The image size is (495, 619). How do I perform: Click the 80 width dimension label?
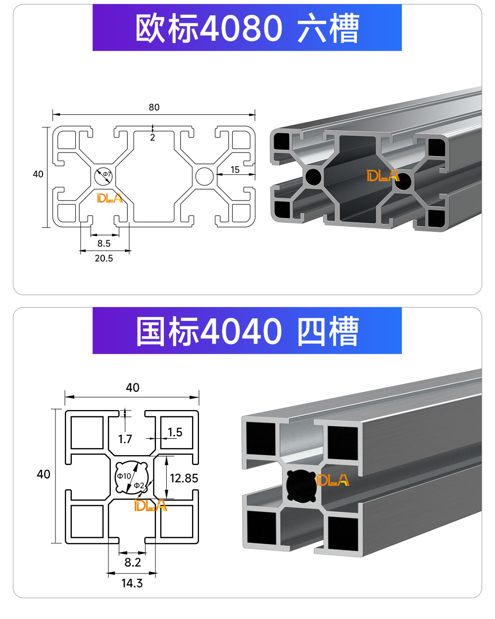click(154, 107)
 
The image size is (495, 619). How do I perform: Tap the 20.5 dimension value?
click(104, 258)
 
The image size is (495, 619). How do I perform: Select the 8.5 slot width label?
click(104, 243)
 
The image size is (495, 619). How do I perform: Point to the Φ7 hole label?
click(107, 174)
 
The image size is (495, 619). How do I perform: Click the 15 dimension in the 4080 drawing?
click(235, 170)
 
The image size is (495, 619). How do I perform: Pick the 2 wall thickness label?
click(152, 138)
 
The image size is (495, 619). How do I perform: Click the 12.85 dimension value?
click(184, 478)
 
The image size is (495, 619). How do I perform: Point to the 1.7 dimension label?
click(125, 439)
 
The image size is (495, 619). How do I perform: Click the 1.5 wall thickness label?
click(175, 432)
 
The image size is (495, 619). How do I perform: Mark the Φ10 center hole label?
click(124, 476)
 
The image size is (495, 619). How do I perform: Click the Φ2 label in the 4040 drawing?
click(139, 485)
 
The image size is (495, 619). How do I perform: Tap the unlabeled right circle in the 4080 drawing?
click(204, 176)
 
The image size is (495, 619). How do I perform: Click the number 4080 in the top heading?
click(241, 28)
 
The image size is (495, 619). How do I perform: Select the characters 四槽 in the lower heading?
click(328, 331)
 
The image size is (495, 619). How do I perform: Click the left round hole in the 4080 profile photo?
click(313, 176)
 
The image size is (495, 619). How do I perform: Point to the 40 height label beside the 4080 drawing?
click(38, 174)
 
